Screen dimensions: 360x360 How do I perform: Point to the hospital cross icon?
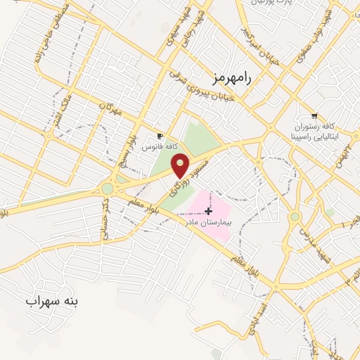pyautogui.click(x=208, y=211)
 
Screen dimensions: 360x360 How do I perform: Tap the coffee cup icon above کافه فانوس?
pyautogui.click(x=160, y=136)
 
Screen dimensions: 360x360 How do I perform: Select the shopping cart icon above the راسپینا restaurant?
pyautogui.click(x=314, y=116)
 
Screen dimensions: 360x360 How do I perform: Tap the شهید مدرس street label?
pyautogui.click(x=309, y=238)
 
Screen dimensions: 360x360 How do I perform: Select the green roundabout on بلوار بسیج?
pyautogui.click(x=108, y=188)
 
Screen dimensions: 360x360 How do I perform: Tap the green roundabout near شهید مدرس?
pyautogui.click(x=295, y=217)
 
